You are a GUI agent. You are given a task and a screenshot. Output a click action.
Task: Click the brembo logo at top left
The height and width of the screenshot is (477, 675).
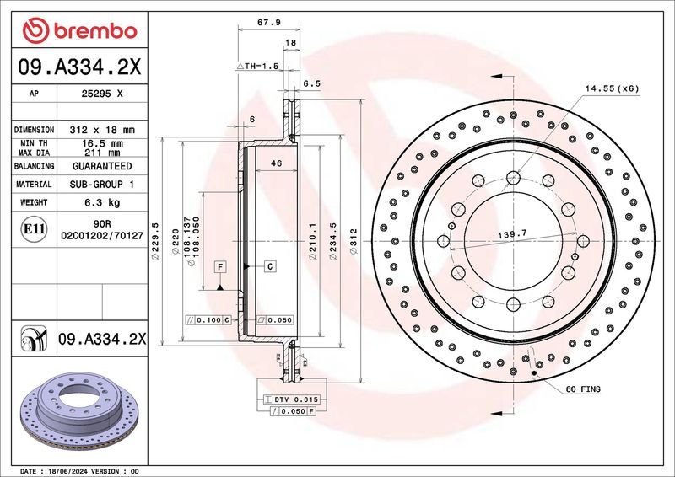pyautogui.click(x=80, y=32)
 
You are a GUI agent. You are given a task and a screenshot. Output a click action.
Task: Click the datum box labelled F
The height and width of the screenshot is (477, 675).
pyautogui.click(x=219, y=267)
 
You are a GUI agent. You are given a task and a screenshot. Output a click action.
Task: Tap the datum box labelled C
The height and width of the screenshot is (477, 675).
pyautogui.click(x=270, y=267)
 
